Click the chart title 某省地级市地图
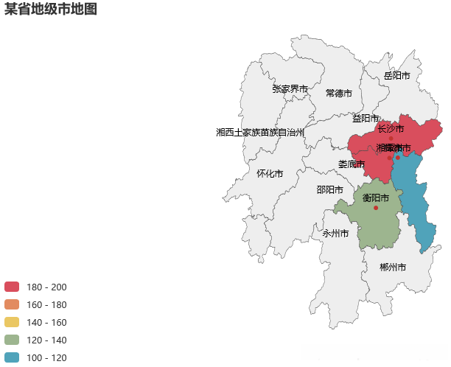click(x=51, y=10)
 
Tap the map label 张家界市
click(x=290, y=89)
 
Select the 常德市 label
click(x=339, y=94)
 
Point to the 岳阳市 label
click(x=397, y=76)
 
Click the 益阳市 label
click(x=365, y=118)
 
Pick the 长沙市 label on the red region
click(x=391, y=129)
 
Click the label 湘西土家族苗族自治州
click(x=260, y=133)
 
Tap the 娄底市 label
click(x=352, y=164)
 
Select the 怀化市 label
click(x=270, y=174)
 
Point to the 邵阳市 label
click(x=329, y=189)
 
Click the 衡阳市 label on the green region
click(x=376, y=198)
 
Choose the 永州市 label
click(x=335, y=234)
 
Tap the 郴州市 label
click(x=393, y=267)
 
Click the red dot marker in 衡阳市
click(x=376, y=208)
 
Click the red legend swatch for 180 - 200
click(x=12, y=287)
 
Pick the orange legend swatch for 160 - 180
click(x=12, y=304)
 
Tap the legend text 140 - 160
click(x=46, y=322)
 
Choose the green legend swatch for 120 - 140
click(x=12, y=340)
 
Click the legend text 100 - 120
click(x=46, y=357)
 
